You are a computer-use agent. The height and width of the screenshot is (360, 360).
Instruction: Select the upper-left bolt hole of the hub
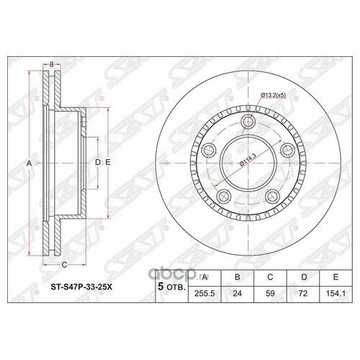[x=210, y=150]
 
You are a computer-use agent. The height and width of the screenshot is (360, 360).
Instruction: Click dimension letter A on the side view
[x=30, y=164]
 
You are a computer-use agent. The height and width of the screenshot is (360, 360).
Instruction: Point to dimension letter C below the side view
[x=63, y=265]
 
